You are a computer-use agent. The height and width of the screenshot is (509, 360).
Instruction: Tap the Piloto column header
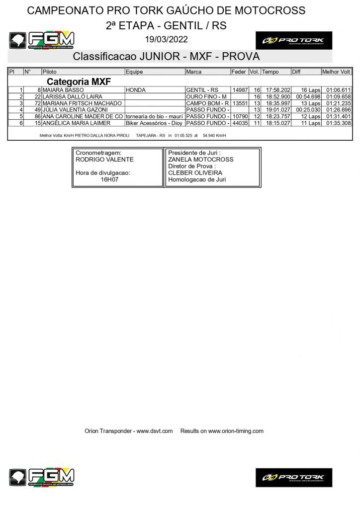[50, 72]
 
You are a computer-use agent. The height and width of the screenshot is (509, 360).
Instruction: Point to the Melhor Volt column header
[336, 72]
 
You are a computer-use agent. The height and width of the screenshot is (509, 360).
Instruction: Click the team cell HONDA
[135, 90]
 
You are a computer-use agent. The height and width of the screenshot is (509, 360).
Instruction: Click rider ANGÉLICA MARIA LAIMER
[77, 123]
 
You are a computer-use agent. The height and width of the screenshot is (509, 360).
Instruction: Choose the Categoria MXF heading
[79, 82]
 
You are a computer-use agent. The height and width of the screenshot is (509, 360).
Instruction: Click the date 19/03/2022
[166, 39]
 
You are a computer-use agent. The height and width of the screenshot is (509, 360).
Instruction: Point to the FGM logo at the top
[42, 40]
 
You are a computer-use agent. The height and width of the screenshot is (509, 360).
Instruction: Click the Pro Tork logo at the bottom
[293, 477]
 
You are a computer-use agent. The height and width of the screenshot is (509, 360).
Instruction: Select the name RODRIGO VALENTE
[104, 160]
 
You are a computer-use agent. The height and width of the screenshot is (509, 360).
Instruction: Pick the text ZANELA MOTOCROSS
[200, 160]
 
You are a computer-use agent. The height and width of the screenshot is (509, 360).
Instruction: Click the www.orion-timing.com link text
[236, 431]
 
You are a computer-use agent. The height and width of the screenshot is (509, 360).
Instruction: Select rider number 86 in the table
[37, 116]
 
